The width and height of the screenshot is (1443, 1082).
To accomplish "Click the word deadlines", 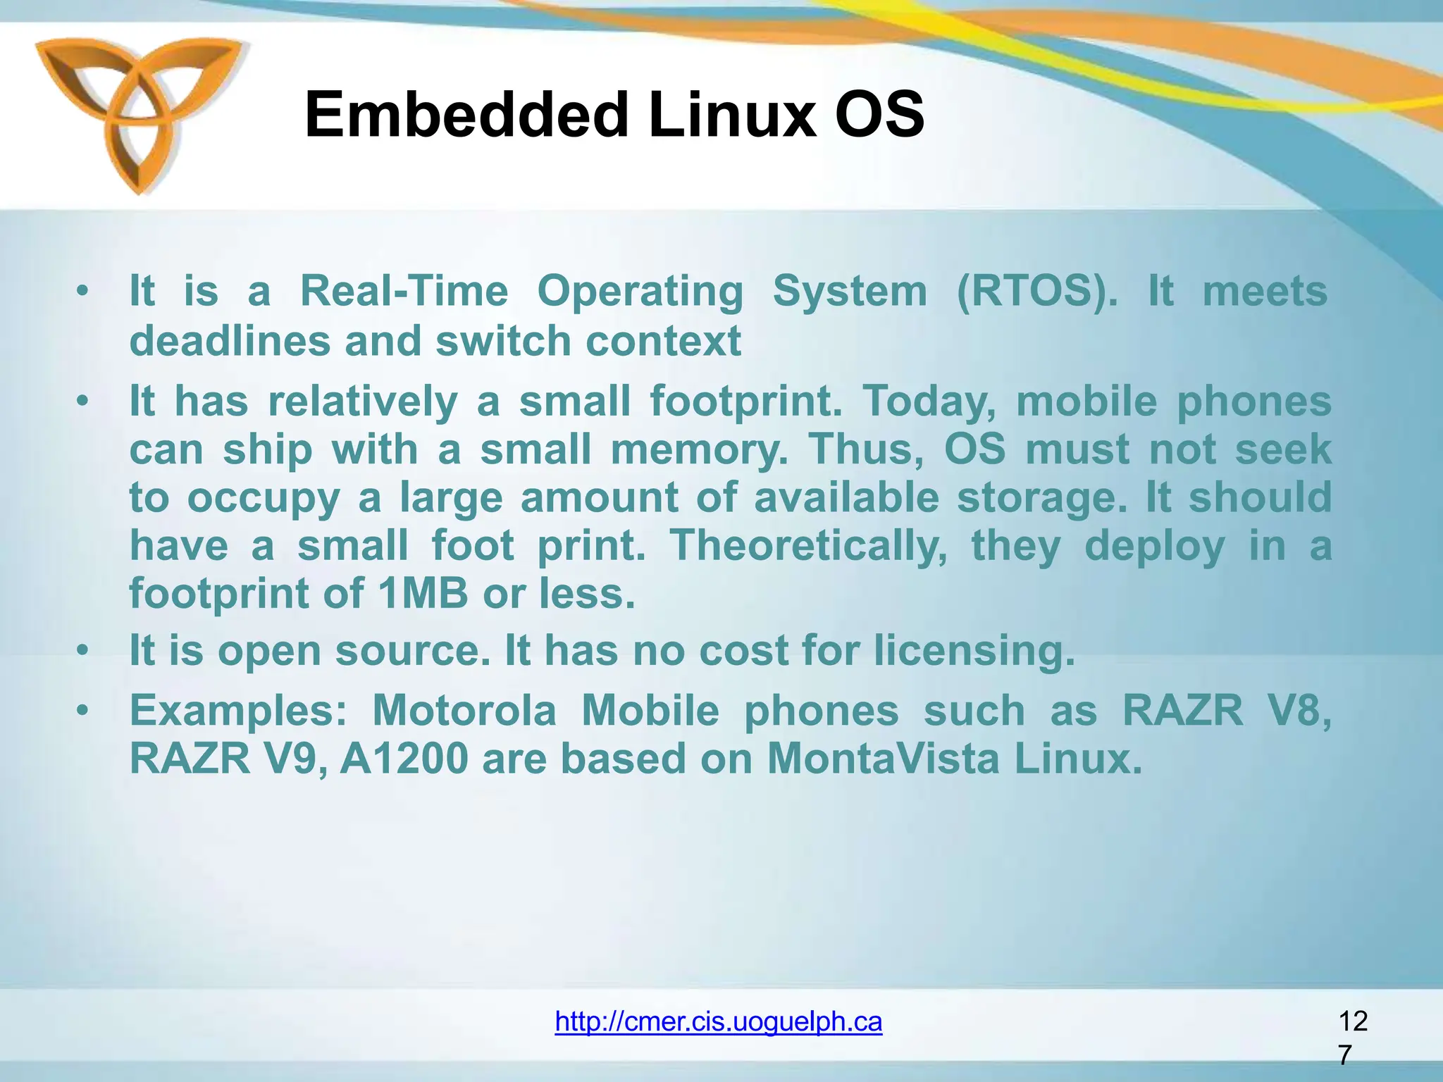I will pos(230,342).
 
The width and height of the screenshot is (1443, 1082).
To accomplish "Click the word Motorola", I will pos(464,711).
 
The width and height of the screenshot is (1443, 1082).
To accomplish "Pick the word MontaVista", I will pos(883,759).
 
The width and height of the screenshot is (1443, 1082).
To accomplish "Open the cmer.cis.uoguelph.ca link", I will pos(718,1021).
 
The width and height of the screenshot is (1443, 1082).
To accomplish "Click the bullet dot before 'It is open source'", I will pos(83,650).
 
